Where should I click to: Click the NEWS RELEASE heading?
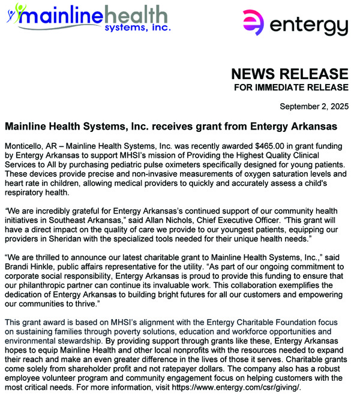pyautogui.click(x=289, y=74)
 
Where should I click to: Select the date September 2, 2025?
pyautogui.click(x=314, y=107)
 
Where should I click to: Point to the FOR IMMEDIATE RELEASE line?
pyautogui.click(x=291, y=88)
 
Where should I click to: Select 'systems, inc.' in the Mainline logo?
pyautogui.click(x=139, y=27)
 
